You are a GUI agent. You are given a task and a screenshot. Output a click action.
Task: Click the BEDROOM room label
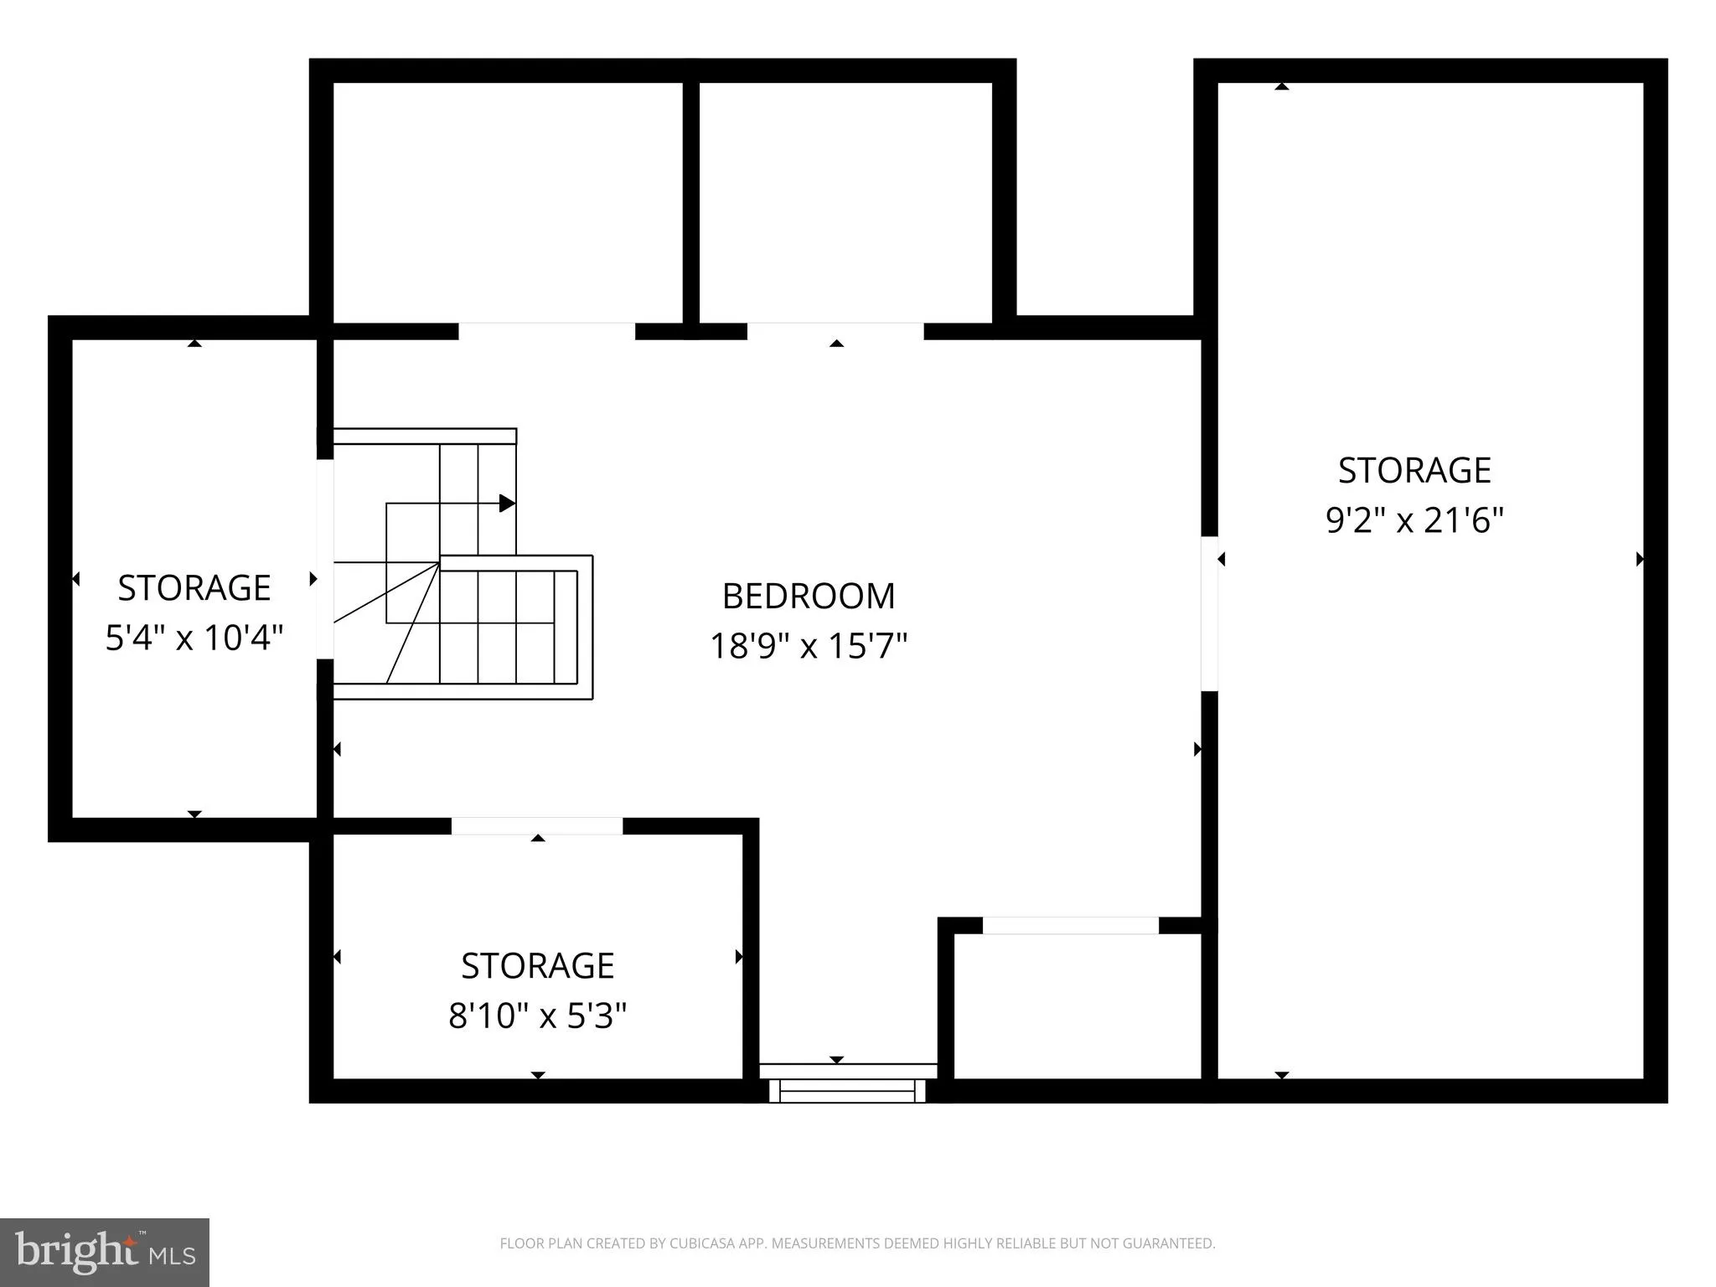click(809, 597)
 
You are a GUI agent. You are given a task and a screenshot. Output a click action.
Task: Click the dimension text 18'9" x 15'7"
click(809, 647)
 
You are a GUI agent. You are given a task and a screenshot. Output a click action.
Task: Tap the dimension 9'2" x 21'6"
click(1414, 521)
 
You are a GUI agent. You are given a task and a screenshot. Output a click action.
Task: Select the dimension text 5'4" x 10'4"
click(194, 638)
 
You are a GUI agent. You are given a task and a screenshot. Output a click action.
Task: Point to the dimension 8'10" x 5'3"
click(537, 1016)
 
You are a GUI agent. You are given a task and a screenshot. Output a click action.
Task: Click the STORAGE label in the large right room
click(1414, 471)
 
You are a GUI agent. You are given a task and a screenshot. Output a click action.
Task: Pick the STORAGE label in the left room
click(194, 588)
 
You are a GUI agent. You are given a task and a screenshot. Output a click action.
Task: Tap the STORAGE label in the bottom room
click(537, 966)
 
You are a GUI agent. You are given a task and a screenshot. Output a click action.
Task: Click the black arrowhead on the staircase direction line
click(507, 503)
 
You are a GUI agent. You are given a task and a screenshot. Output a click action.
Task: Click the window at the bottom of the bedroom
click(848, 1090)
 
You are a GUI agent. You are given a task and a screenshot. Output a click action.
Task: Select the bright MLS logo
click(105, 1253)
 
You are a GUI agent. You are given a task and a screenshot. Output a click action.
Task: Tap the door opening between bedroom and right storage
click(1209, 613)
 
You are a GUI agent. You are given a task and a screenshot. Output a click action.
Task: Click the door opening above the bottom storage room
click(537, 826)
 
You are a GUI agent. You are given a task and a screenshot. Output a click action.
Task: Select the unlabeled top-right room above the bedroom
click(845, 201)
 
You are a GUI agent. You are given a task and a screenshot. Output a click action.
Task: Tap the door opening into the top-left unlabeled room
click(546, 331)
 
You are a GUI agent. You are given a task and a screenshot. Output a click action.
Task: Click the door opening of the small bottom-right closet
click(1070, 926)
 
